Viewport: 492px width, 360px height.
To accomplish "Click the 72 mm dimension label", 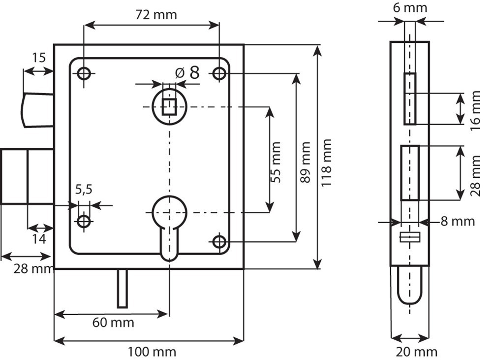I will click(156, 14).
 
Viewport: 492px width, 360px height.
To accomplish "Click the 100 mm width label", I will click(152, 352).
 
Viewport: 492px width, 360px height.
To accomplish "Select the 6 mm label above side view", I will click(410, 8).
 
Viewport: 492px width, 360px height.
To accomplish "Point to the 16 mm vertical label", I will click(475, 110).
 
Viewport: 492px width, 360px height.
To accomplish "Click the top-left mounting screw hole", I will click(84, 74).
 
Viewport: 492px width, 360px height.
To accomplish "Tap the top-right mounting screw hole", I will click(219, 74).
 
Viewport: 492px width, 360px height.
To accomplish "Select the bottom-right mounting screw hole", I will click(219, 242).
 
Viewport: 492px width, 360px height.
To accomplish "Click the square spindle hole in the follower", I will click(169, 106).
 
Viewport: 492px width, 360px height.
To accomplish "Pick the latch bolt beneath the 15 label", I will click(37, 110).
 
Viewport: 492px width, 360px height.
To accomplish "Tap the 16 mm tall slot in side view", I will click(410, 98).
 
